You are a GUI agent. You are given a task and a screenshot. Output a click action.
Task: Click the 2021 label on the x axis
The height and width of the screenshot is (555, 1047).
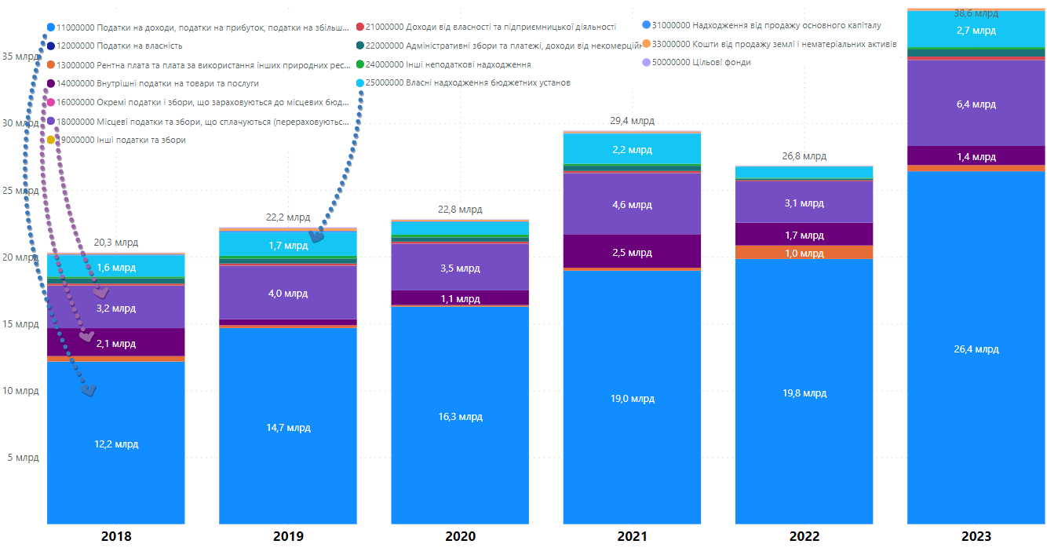tap(632, 537)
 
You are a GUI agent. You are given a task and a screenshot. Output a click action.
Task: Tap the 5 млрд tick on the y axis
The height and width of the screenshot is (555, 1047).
tap(21, 457)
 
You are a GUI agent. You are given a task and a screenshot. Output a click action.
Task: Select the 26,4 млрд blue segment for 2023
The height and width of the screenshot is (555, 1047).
tap(976, 349)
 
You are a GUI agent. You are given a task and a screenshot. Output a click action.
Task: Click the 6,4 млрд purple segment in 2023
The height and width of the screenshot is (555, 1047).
tap(976, 104)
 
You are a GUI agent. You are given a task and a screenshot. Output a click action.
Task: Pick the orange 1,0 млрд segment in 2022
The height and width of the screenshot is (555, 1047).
tap(804, 253)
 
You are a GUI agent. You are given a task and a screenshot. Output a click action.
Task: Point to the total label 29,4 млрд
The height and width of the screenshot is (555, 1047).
tap(632, 121)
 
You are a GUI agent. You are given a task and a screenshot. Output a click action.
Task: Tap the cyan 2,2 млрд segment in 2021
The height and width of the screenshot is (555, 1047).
tap(632, 149)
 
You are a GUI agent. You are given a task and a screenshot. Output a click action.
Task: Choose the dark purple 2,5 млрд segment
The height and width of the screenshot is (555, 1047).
tap(632, 252)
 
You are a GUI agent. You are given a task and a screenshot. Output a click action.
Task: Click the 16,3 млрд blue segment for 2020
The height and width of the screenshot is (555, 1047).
tap(460, 416)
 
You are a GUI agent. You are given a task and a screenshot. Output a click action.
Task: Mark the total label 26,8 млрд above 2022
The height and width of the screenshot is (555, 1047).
tap(804, 156)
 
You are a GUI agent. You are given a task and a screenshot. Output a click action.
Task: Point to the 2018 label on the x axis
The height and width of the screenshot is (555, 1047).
tap(116, 537)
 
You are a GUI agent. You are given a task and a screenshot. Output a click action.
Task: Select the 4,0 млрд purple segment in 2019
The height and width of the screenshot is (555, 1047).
tap(288, 294)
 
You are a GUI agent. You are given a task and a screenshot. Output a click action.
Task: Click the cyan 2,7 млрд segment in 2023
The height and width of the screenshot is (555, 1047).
tap(976, 31)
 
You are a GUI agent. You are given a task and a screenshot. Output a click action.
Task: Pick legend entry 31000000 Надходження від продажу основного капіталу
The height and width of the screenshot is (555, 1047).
tap(766, 25)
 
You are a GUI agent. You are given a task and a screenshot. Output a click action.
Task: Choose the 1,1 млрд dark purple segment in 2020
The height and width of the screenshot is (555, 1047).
tap(460, 298)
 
